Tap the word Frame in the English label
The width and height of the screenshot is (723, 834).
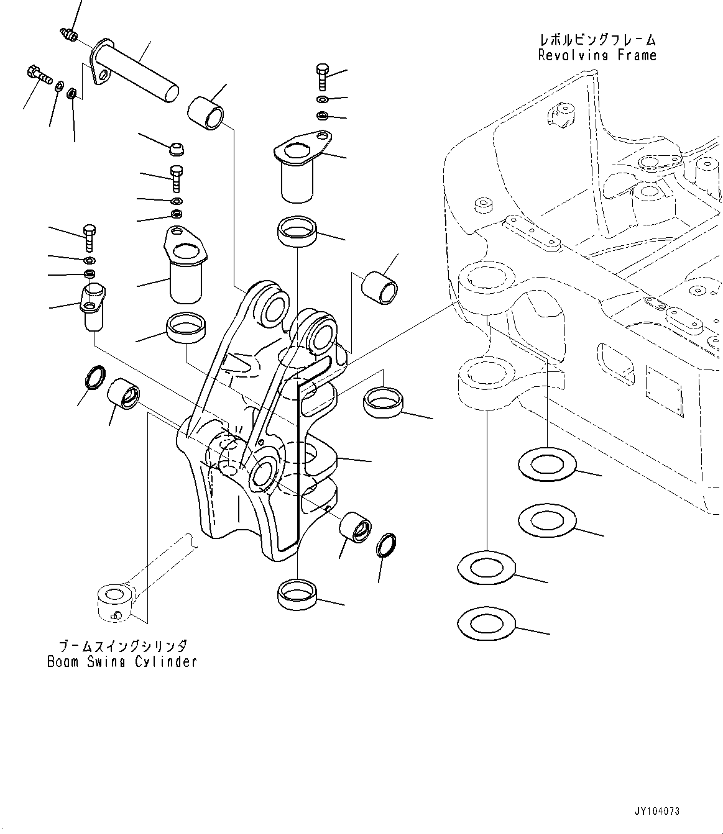637,55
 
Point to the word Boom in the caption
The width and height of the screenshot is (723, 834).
63,662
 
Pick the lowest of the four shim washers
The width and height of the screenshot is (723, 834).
486,623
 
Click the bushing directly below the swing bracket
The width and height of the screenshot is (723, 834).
297,592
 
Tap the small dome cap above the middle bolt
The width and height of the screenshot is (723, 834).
177,148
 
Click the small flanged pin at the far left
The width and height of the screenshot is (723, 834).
92,306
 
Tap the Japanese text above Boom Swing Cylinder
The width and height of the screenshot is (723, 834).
122,646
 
